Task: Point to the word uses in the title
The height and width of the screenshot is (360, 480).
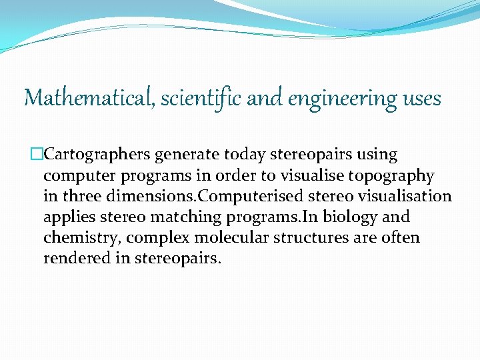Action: point(422,99)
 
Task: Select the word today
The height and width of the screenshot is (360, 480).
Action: point(245,155)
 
